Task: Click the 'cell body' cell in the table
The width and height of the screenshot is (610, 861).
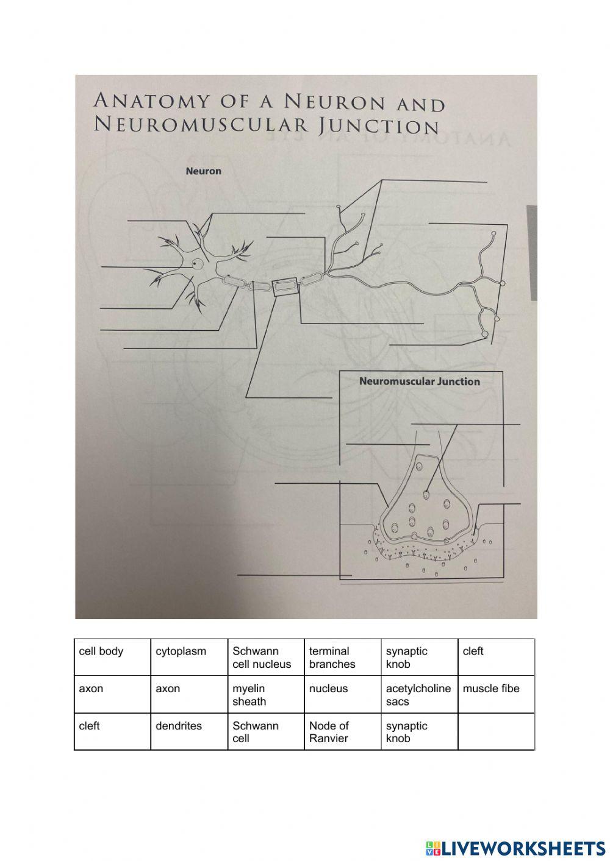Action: point(112,657)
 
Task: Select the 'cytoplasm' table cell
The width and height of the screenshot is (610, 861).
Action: point(189,657)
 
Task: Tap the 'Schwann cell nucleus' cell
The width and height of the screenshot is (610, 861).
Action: point(266,657)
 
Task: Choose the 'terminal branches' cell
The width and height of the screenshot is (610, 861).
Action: point(343,657)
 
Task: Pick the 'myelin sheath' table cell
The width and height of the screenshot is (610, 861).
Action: point(266,695)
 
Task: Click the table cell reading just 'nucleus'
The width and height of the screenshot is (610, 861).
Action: point(343,694)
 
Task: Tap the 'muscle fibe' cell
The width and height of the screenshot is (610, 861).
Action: point(495,694)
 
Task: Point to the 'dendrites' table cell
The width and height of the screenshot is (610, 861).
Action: point(189,731)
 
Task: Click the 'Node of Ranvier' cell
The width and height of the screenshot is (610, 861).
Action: point(343,732)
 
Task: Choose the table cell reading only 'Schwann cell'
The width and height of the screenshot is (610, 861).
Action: point(266,732)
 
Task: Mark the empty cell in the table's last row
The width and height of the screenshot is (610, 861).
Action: point(495,731)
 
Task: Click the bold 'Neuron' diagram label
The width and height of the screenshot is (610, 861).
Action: point(203,171)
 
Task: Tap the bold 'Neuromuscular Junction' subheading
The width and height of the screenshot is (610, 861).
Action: point(420,381)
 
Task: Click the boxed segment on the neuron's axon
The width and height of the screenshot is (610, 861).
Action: point(285,285)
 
